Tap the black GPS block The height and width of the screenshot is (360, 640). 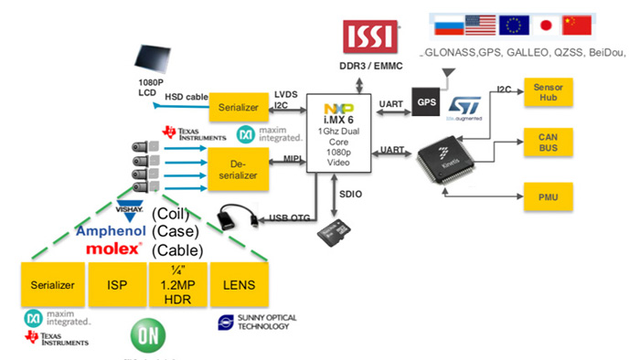426,102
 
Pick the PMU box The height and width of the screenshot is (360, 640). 547,194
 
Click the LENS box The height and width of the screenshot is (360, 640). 240,285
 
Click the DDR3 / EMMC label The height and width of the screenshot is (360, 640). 370,68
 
